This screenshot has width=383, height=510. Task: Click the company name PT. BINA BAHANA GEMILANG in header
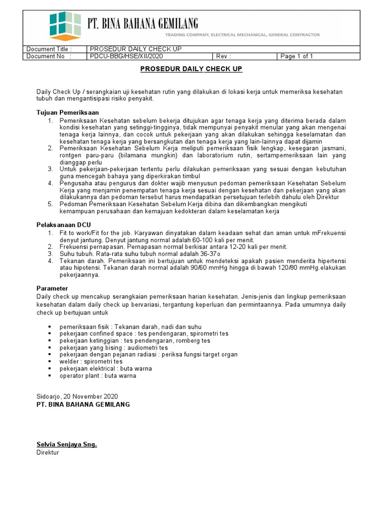(143, 23)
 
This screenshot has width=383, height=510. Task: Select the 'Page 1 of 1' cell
(297, 56)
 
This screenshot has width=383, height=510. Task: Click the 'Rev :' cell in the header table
(223, 56)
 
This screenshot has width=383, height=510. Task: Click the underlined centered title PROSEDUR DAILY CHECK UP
(191, 69)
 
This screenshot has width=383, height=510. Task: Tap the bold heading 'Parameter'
(52, 288)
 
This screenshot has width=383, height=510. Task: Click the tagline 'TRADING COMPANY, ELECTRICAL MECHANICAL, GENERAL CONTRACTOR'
(242, 35)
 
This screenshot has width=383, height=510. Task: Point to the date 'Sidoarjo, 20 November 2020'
(77, 396)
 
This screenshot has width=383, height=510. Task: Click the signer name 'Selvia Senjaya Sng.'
(66, 444)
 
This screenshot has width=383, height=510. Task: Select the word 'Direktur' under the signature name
(48, 453)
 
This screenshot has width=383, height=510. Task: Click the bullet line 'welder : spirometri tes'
(91, 362)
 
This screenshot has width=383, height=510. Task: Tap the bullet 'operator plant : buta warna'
(98, 376)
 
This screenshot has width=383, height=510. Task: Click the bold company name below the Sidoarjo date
(83, 404)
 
